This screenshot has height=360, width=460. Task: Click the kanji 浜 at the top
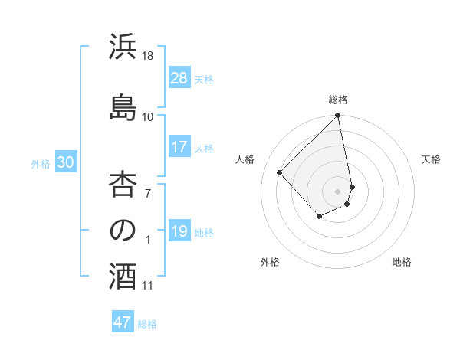pyautogui.click(x=123, y=47)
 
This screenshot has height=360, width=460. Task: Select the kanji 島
pyautogui.click(x=123, y=106)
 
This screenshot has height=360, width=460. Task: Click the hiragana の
pyautogui.click(x=123, y=231)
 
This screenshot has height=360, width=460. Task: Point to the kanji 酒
pyautogui.click(x=123, y=277)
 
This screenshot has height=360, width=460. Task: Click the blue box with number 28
pyautogui.click(x=179, y=78)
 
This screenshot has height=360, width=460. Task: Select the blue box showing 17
pyautogui.click(x=179, y=147)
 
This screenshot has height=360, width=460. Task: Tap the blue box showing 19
pyautogui.click(x=179, y=231)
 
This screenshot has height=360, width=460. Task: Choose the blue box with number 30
pyautogui.click(x=66, y=162)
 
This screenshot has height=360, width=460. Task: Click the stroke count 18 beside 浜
pyautogui.click(x=148, y=56)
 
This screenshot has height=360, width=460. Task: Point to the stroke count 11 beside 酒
pyautogui.click(x=148, y=286)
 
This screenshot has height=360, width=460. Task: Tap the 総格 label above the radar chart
pyautogui.click(x=338, y=100)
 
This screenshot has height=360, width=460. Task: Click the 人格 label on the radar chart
pyautogui.click(x=245, y=159)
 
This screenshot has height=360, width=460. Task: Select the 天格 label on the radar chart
pyautogui.click(x=431, y=159)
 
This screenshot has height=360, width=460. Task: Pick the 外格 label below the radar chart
pyautogui.click(x=270, y=262)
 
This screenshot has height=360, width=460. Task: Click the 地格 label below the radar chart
pyautogui.click(x=402, y=262)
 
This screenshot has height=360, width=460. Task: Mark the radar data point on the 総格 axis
pyautogui.click(x=338, y=116)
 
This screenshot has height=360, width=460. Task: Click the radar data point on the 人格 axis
pyautogui.click(x=280, y=172)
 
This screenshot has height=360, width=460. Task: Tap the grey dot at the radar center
pyautogui.click(x=337, y=191)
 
